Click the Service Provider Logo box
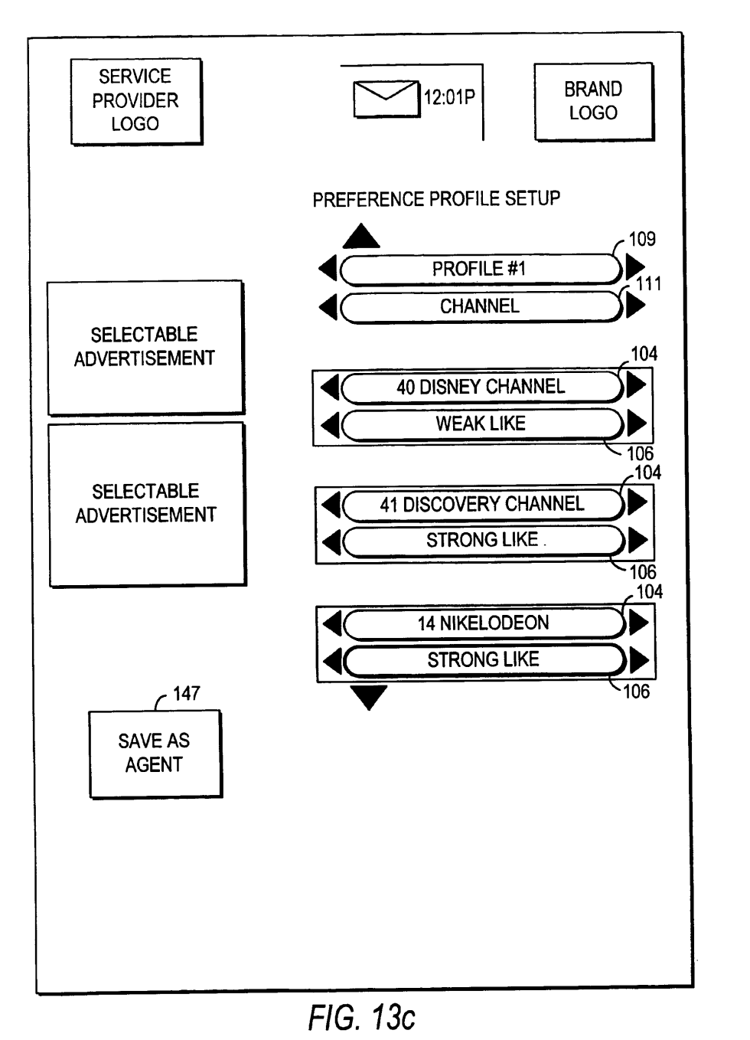click(135, 100)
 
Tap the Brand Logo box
click(593, 101)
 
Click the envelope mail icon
click(386, 99)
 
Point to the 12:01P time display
click(449, 97)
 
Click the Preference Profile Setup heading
click(436, 199)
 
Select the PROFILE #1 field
click(479, 269)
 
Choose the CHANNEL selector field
click(479, 306)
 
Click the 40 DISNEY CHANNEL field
click(481, 387)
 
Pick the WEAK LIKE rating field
click(481, 424)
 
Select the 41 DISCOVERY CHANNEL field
click(482, 504)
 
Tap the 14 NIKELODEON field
click(483, 623)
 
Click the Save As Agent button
click(155, 753)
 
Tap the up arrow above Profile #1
click(361, 237)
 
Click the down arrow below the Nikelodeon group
click(369, 697)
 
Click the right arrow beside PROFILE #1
click(634, 267)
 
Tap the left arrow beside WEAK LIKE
click(330, 424)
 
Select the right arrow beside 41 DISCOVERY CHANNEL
click(637, 503)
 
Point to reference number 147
click(187, 693)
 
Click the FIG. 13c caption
click(361, 1017)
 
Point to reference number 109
click(642, 239)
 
